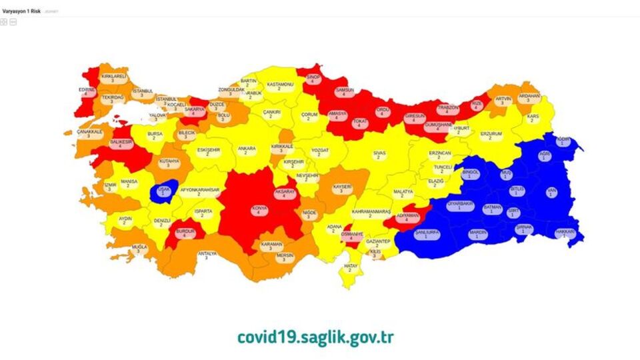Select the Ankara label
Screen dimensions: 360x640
pos(247,151)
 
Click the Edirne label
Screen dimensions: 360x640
pos(87,91)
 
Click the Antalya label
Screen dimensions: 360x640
pos(207,255)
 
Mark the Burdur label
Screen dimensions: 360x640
pos(184,233)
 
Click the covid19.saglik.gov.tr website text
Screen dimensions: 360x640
pos(315,337)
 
